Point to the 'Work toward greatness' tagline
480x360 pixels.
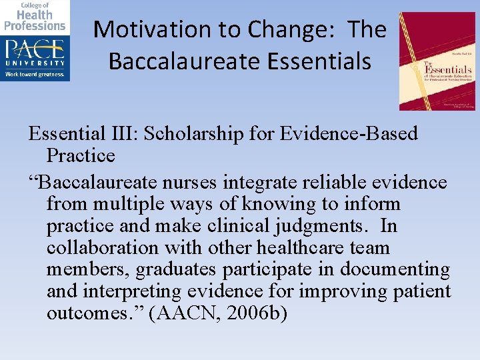point(35,74)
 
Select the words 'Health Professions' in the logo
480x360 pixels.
point(35,20)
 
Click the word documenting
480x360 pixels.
point(395,270)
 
